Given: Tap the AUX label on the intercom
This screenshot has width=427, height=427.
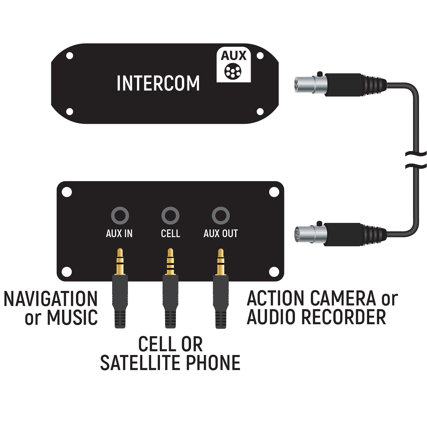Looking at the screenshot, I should [233, 56].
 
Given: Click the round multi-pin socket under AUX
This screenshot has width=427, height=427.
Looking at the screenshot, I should [233, 71].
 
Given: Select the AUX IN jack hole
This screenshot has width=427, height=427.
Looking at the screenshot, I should [120, 215].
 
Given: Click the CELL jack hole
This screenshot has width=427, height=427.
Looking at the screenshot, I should [170, 215].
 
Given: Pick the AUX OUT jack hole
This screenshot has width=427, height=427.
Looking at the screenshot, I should [221, 215].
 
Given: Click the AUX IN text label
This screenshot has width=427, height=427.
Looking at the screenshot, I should [119, 233].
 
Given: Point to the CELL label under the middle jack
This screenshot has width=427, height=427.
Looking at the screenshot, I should [170, 233].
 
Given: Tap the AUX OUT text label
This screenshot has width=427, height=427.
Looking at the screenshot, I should [221, 233].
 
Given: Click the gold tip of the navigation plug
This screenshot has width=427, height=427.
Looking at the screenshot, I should [120, 260].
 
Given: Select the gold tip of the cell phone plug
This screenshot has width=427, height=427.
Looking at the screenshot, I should [170, 260].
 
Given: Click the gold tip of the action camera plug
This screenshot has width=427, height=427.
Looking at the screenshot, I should [220, 260].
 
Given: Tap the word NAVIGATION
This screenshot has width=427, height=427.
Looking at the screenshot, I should [51, 299].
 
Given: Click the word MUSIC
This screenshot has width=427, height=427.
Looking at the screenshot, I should [72, 318].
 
